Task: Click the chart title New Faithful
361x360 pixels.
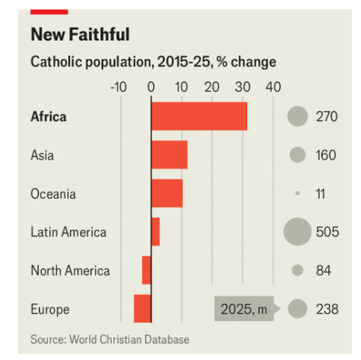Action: pos(80,34)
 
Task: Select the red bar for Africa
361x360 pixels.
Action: pos(199,117)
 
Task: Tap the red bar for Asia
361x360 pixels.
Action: pos(169,155)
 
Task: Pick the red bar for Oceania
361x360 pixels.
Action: pos(167,193)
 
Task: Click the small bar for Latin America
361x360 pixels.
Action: pos(155,232)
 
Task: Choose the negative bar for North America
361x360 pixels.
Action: pos(147,270)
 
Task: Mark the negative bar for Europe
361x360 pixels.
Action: pos(142,308)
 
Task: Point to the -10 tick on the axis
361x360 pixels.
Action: pos(119,87)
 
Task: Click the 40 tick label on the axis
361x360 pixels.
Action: pos(273,87)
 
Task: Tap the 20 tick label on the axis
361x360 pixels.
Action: pos(212,87)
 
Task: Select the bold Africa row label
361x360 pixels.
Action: pos(48,117)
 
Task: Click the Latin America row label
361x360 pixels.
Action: pos(69,232)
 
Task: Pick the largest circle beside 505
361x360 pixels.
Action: pos(297,232)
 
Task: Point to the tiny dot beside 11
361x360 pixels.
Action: pos(297,193)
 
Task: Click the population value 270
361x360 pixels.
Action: pos(327,117)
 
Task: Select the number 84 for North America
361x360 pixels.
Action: pos(323,270)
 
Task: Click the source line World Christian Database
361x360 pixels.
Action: pos(110,340)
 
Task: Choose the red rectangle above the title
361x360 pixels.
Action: pos(49,10)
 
